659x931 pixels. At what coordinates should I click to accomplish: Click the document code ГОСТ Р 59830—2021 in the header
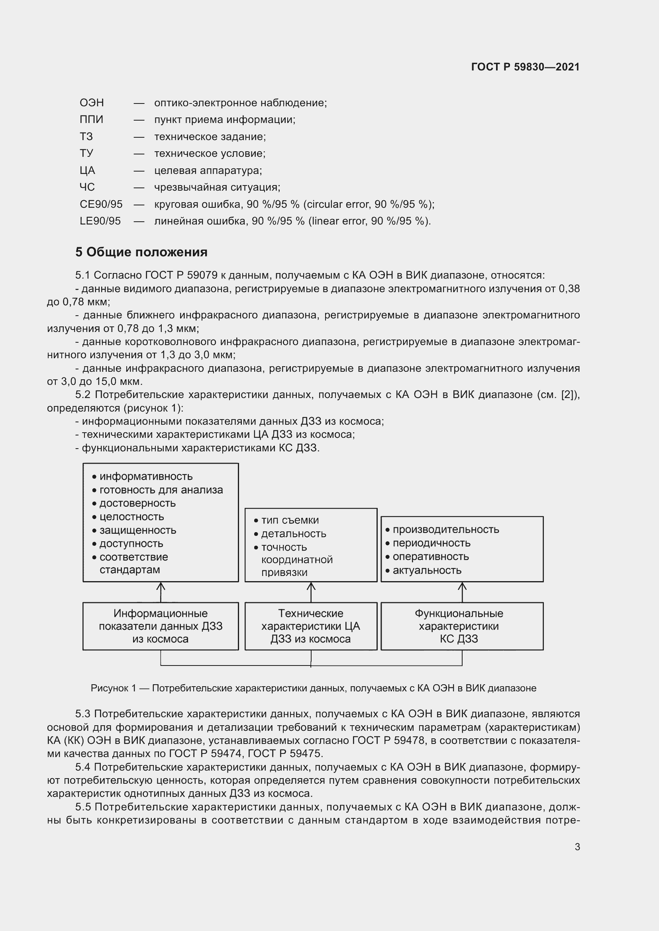525,67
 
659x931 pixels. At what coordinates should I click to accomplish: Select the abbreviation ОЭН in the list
92,103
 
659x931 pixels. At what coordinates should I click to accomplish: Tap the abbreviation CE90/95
101,204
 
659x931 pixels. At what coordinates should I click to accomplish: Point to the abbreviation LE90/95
100,221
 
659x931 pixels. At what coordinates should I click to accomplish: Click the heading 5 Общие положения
141,252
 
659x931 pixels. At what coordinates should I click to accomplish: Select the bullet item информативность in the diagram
146,476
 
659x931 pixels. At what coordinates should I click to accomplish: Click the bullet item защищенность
137,530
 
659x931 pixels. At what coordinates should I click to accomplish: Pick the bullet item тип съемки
290,520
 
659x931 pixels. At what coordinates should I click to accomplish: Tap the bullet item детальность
293,534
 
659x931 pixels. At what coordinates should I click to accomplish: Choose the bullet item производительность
445,529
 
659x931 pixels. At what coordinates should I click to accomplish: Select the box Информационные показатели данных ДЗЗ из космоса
161,626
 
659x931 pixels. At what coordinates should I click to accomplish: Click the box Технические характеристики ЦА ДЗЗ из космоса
311,626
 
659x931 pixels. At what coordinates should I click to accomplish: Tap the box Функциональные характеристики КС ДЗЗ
462,626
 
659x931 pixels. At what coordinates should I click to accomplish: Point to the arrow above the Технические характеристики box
311,592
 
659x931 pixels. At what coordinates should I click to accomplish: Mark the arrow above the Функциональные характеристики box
462,592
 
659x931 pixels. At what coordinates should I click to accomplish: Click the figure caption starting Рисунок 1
313,688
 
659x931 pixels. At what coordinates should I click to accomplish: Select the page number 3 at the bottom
577,847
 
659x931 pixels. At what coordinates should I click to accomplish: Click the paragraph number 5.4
83,767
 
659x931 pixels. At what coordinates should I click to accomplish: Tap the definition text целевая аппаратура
208,170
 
